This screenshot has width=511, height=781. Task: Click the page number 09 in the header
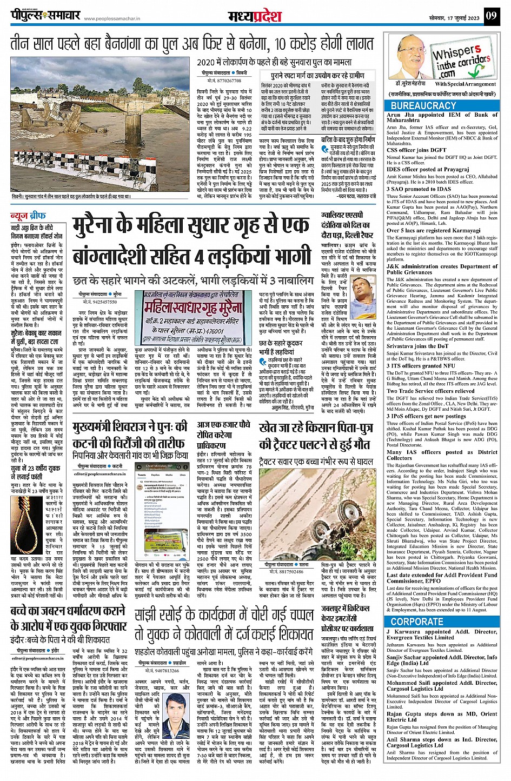[x=490, y=16]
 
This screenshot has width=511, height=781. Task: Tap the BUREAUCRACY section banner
[x=423, y=106]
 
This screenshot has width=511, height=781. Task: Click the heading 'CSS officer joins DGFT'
[x=417, y=150]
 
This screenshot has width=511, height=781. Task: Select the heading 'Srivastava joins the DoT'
[x=417, y=346]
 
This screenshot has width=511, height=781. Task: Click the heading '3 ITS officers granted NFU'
[x=420, y=365]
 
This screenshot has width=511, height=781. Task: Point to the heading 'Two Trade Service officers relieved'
[x=430, y=391]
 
